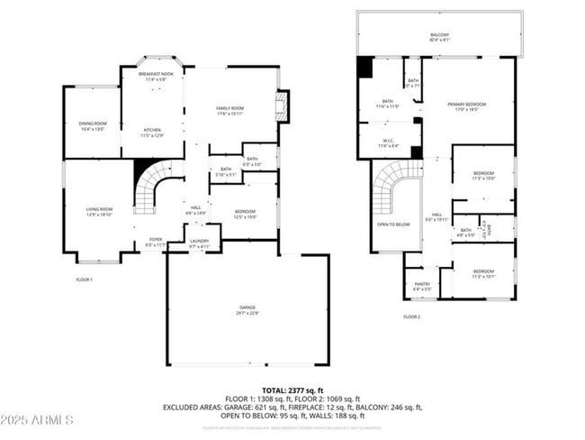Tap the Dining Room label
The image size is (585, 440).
93,126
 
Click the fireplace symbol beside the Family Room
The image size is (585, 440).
283,105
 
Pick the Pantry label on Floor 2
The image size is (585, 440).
421,286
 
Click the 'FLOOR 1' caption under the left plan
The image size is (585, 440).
85,280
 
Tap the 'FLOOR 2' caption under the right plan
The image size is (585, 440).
411,316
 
